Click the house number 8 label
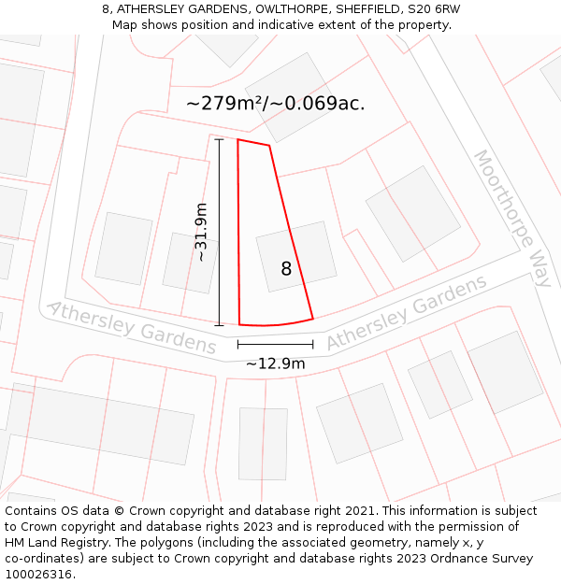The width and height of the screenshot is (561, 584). [x=286, y=269]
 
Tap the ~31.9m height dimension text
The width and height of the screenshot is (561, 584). [x=201, y=233]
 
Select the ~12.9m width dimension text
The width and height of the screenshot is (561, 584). [x=275, y=363]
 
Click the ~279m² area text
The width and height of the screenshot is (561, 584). [x=224, y=104]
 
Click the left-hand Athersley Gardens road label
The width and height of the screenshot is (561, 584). [x=131, y=327]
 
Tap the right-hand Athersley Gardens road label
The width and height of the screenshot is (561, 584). [x=407, y=312]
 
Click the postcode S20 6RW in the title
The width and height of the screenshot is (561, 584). [x=435, y=9]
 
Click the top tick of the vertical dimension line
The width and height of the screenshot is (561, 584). [x=220, y=140]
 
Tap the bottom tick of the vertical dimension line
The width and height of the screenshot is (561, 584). [x=220, y=325]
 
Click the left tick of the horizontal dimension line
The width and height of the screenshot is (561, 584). [x=237, y=345]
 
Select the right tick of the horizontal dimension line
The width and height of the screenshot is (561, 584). [x=313, y=345]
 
